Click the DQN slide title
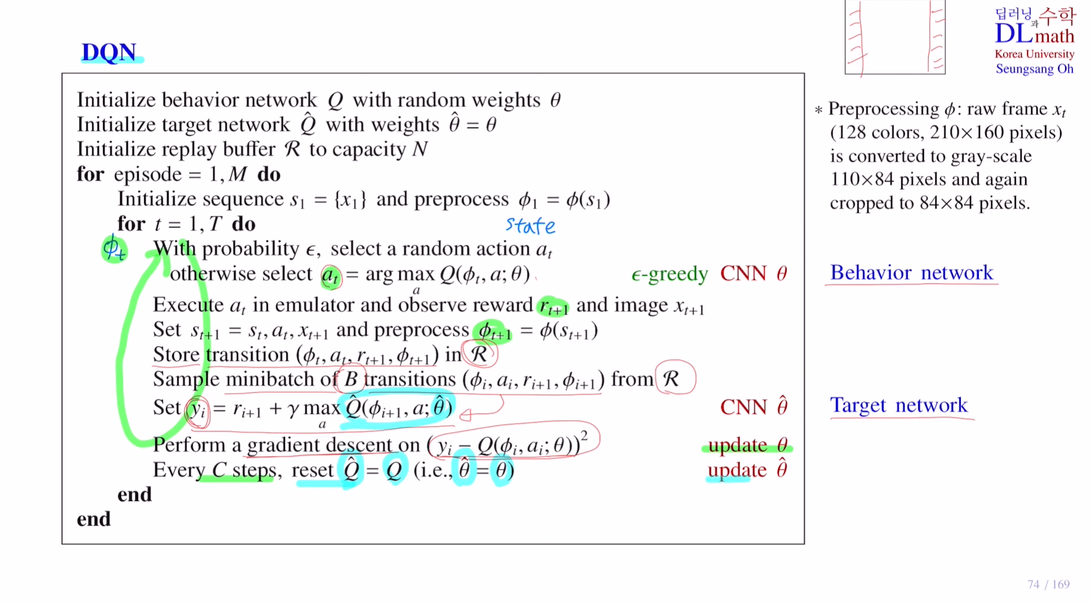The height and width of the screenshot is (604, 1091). pos(109,52)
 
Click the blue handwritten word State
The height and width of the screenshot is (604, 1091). pos(530,225)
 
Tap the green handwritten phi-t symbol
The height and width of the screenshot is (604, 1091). pos(114,249)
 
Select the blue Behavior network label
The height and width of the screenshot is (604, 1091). pos(911,272)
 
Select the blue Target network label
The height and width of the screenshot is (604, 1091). pos(898,405)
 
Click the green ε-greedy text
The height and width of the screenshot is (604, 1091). pos(669,274)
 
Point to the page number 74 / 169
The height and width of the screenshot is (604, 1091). pos(1048,584)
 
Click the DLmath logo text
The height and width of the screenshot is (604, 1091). pos(1034,34)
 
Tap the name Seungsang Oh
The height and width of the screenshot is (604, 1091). pos(1034,69)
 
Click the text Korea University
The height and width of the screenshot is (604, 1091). pos(1034,54)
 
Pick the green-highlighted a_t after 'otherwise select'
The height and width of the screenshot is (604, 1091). pos(330,275)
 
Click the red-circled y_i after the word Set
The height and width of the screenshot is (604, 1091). pos(197,409)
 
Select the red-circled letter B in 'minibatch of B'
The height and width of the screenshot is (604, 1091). pos(351,379)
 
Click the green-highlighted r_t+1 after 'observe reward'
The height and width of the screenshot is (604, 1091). pos(553,306)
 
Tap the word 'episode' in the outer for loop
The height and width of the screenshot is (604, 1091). pos(148,174)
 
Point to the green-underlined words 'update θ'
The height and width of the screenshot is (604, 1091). pos(747,445)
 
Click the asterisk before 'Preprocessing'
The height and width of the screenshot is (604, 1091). pos(818,110)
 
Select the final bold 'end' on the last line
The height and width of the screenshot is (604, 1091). pos(93,519)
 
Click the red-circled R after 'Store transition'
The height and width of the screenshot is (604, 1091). pos(479,354)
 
